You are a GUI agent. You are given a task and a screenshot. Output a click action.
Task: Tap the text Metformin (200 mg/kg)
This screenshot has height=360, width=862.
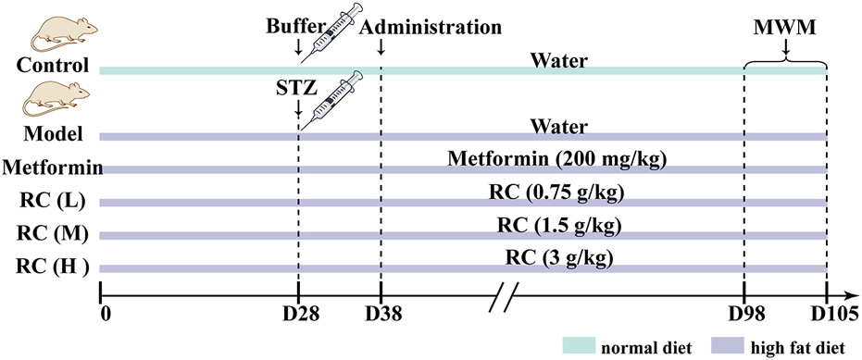[557, 157]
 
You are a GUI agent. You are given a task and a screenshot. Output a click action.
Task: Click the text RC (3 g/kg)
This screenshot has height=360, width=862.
[555, 257]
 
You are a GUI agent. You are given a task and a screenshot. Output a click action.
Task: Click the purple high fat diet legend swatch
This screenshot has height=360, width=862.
[732, 346]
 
